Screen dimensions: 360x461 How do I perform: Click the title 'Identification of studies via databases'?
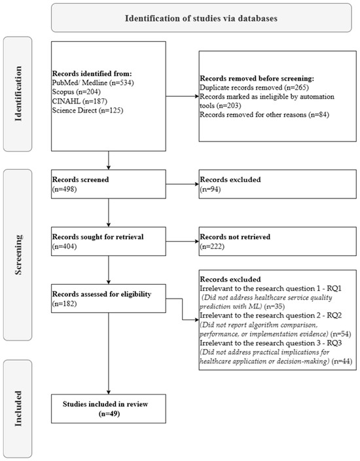(x=201, y=18)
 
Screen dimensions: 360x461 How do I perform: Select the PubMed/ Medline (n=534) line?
(x=93, y=83)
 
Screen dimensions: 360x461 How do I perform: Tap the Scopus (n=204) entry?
(x=77, y=92)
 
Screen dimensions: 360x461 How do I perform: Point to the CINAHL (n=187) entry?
(x=80, y=101)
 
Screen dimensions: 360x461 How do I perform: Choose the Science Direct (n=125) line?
(x=88, y=110)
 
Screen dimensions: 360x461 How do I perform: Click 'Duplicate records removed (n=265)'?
(x=254, y=87)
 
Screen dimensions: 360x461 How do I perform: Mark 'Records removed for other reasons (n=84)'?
(x=264, y=115)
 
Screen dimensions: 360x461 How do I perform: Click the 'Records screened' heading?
(x=81, y=179)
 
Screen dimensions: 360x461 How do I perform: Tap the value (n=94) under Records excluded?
(x=210, y=189)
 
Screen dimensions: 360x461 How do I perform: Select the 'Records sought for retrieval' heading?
(x=98, y=236)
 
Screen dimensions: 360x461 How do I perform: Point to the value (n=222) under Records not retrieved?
(x=212, y=246)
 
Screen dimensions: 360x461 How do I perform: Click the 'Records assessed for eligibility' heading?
(x=101, y=294)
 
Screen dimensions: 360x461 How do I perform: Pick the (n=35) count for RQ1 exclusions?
(x=274, y=306)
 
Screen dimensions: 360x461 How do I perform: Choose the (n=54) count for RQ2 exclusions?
(x=340, y=334)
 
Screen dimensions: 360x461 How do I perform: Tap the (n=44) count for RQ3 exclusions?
(x=342, y=361)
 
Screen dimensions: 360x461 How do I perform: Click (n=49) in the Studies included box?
(x=109, y=414)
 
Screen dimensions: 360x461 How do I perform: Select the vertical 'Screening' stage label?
(x=18, y=255)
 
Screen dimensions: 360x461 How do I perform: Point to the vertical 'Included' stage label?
(x=18, y=409)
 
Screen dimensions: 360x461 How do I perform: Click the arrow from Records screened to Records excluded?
(x=183, y=185)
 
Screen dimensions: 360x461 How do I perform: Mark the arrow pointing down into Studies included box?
(x=109, y=354)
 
